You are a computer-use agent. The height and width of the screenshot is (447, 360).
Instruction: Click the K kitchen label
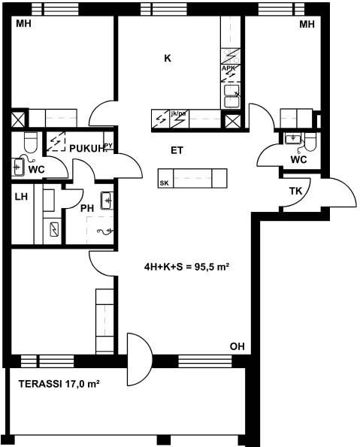pos(168,58)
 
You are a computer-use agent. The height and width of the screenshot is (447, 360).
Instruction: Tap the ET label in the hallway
pos(177,150)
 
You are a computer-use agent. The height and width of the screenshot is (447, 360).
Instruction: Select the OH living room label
pos(237,346)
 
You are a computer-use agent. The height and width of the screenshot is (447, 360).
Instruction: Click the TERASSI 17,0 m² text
pos(59,385)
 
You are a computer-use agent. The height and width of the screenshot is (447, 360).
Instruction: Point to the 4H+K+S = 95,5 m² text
pos(187,267)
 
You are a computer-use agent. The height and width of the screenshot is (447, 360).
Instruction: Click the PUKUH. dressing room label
pos(88,149)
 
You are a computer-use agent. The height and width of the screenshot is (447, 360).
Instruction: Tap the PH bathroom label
pos(87,208)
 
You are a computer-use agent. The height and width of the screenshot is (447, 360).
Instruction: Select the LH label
pos(21,197)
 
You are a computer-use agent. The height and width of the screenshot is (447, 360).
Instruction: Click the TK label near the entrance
pos(295,191)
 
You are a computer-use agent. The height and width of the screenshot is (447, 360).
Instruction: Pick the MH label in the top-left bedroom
pos(24,23)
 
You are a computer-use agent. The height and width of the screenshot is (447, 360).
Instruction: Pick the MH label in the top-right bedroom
pos(307,25)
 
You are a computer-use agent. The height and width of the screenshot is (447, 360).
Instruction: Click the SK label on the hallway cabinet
pos(164,183)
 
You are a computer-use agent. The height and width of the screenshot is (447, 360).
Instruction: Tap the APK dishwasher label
pos(228,68)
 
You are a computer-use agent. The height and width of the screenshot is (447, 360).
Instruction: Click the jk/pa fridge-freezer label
pos(178,113)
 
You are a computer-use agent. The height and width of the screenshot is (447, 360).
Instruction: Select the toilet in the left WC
pos(31,142)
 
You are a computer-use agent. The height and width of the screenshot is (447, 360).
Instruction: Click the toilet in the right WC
pos(310,142)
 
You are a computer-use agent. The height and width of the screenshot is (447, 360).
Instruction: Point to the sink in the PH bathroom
pos(107,201)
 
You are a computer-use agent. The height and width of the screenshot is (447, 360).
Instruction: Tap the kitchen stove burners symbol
pos(231,56)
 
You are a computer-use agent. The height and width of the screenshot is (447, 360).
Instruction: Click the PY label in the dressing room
pos(109,146)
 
